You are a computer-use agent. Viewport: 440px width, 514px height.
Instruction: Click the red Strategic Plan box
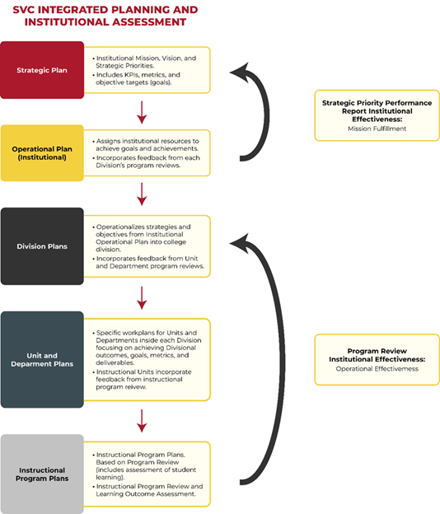pyautogui.click(x=42, y=70)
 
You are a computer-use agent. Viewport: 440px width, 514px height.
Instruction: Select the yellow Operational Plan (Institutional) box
pyautogui.click(x=42, y=152)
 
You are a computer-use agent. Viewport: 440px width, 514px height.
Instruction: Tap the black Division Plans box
pyautogui.click(x=42, y=245)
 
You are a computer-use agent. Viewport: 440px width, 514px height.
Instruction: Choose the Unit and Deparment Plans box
pyautogui.click(x=42, y=359)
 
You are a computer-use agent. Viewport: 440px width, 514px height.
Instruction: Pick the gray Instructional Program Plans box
pyautogui.click(x=42, y=474)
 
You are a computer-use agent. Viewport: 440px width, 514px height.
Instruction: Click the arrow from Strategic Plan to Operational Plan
pyautogui.click(x=143, y=111)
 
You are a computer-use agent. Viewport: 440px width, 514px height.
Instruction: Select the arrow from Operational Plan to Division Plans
pyautogui.click(x=143, y=193)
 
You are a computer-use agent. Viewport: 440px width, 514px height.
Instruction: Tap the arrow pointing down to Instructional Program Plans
pyautogui.click(x=143, y=421)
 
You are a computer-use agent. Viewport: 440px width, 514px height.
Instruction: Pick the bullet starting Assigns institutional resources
pyautogui.click(x=148, y=144)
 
